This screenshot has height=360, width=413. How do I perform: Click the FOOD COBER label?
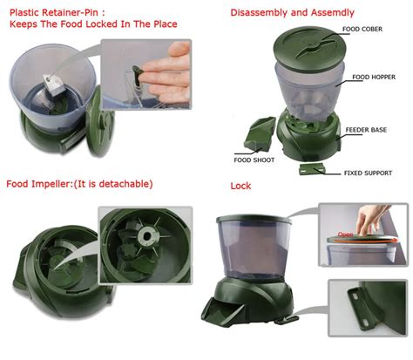tap(362, 29)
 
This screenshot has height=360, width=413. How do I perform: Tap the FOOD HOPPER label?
tap(374, 77)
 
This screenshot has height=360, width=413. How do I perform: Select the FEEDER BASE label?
tap(366, 130)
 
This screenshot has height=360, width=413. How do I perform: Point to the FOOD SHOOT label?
tap(254, 160)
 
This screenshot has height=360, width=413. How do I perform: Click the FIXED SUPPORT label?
tap(368, 173)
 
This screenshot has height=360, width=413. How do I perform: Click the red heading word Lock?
tap(240, 186)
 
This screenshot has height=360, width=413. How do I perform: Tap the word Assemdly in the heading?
tap(333, 13)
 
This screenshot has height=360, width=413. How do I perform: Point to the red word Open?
tap(346, 234)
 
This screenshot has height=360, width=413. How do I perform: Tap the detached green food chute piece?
tap(260, 134)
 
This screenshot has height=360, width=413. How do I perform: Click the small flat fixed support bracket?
tap(312, 169)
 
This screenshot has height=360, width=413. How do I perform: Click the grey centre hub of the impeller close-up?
tap(146, 235)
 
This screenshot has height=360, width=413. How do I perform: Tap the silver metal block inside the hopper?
tap(55, 85)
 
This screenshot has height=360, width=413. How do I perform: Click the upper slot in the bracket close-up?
tap(355, 297)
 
